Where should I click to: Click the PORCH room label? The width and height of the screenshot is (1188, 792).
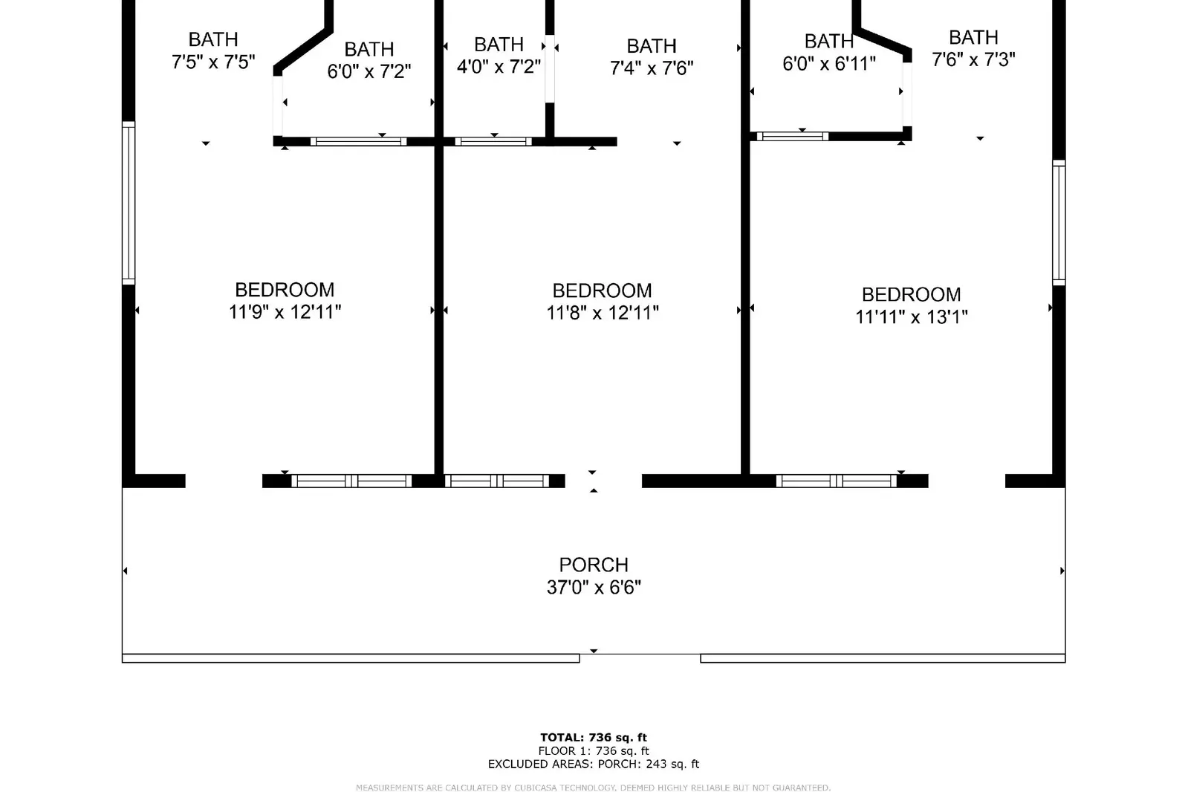pos(594,565)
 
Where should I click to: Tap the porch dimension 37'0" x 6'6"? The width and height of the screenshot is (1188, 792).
pos(594,587)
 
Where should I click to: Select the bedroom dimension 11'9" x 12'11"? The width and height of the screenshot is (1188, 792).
pos(285,311)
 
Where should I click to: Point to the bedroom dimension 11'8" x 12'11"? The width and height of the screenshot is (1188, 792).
pos(603,313)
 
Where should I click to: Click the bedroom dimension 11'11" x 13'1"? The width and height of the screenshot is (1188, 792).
pos(911,317)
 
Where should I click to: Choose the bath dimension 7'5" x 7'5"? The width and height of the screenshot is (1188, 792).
pos(213,62)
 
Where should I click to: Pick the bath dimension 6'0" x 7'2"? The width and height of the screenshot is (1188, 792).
pos(369,71)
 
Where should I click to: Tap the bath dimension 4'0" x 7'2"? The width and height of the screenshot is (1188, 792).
pos(499,66)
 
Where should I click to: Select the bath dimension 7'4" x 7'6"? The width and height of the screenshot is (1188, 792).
pos(652,68)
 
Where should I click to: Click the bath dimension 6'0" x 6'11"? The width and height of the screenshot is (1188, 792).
pos(829,63)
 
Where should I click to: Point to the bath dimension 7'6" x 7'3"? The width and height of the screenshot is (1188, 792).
pos(973,59)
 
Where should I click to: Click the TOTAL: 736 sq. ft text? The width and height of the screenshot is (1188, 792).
pos(594,737)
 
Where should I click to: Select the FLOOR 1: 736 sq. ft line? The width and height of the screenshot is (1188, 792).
pos(594,750)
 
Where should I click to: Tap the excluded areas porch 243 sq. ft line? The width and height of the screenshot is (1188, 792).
pos(594,764)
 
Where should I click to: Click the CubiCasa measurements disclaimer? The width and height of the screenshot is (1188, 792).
pos(593,788)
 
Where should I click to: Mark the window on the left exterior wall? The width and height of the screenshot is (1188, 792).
pos(129,203)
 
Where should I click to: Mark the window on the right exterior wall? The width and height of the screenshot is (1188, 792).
pos(1059,223)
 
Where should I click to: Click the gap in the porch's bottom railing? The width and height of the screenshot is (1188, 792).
pos(640,658)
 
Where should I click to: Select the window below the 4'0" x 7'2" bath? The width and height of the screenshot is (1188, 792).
pos(493,142)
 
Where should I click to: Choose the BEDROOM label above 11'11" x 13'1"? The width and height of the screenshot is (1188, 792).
pos(911,294)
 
